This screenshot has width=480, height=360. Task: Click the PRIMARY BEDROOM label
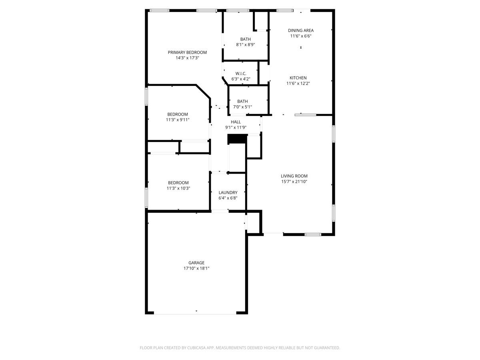point(187,52)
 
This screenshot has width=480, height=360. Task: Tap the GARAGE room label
point(196,263)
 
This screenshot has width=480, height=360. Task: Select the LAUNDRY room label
point(228,192)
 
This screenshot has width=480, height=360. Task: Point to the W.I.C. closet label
point(241,74)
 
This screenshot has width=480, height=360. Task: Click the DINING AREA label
point(301,30)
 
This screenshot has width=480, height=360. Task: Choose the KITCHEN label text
point(298,78)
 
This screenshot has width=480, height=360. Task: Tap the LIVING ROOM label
point(294,176)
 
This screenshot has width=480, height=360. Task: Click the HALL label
point(236,122)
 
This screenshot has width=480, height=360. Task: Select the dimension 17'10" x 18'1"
point(196,268)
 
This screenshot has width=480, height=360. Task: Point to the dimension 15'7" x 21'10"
point(294,182)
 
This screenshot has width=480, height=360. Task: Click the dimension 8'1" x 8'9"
point(246,45)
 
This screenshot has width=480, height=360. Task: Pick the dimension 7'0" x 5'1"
point(242,107)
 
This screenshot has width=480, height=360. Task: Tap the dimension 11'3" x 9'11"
point(178,120)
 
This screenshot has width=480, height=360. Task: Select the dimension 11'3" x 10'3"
point(178,188)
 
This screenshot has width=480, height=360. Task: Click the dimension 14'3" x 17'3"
point(187,58)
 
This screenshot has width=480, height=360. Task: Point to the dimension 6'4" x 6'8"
point(228,198)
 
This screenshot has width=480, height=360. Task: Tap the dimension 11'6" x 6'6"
point(301,36)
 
